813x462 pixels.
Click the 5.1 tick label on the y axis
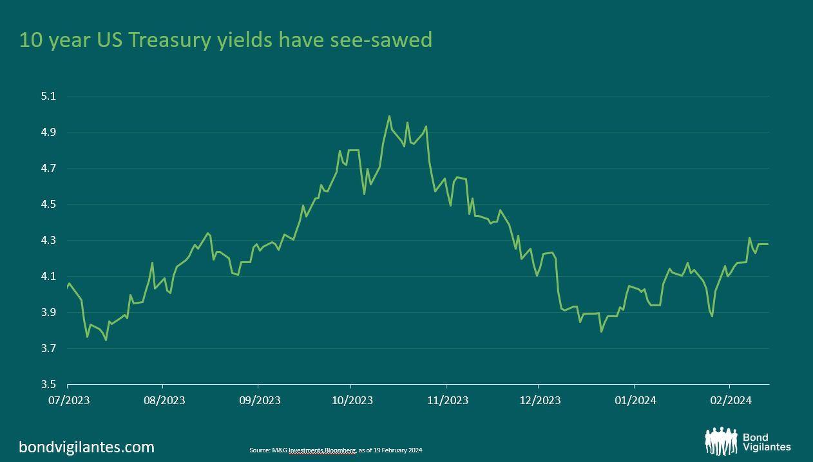(48, 97)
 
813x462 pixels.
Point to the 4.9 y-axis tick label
(48, 133)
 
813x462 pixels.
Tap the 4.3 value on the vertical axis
(48, 241)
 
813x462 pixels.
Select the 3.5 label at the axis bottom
(48, 385)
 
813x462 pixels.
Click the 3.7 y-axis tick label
(48, 349)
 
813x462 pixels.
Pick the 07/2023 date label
(69, 400)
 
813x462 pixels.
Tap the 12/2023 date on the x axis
(540, 400)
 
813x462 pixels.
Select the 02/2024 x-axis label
(731, 400)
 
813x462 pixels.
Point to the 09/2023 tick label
(260, 400)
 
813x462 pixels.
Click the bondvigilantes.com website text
(87, 447)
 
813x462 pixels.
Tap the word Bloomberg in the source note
(340, 450)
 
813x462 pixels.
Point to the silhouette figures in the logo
(721, 441)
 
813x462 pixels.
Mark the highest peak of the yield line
(389, 116)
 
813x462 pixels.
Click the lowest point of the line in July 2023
(106, 339)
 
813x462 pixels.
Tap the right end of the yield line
(768, 245)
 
